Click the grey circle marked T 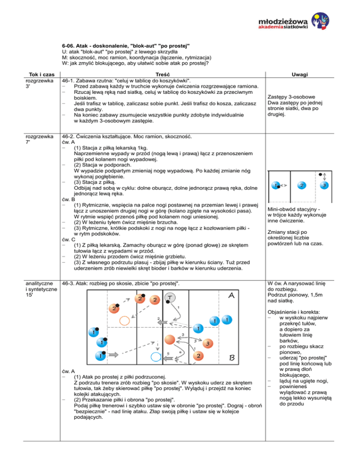point(170,297)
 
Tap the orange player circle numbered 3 point(208,344)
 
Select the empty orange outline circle point(125,321)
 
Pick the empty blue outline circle point(156,357)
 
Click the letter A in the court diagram point(231,295)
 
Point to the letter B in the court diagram point(232,358)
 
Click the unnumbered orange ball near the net point(169,340)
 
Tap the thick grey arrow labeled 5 point(168,359)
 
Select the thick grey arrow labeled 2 point(162,323)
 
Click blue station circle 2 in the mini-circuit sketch point(302,186)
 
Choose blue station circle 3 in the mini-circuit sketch point(324,186)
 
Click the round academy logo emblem point(321,21)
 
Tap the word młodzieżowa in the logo point(283,22)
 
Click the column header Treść point(163,75)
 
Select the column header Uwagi point(300,75)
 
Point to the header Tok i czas point(42,75)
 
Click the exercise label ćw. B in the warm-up point(68,199)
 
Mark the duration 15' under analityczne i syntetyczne point(29,295)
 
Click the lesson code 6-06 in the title point(68,46)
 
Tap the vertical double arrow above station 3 point(325,176)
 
